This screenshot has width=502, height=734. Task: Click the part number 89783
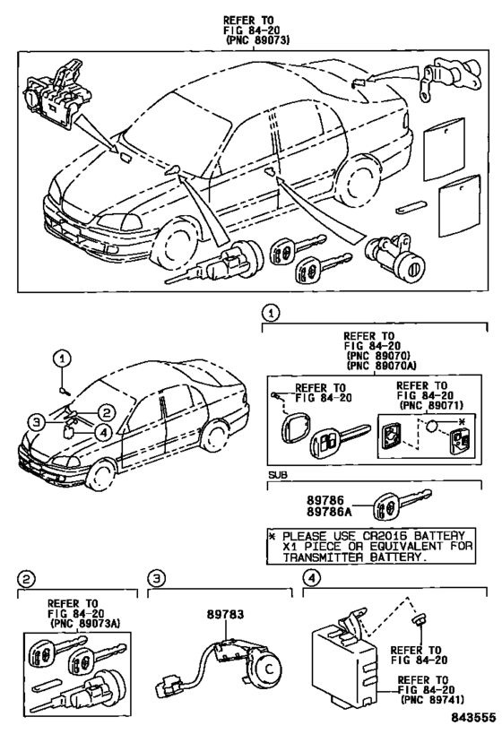click(x=226, y=614)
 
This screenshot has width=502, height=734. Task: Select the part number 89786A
click(x=329, y=512)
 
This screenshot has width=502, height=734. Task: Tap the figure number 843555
click(x=473, y=718)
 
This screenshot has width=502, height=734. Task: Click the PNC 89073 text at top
click(x=258, y=40)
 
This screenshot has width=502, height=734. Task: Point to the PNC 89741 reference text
click(x=432, y=700)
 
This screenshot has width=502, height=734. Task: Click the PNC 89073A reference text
click(x=85, y=624)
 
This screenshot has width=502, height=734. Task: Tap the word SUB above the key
click(x=278, y=475)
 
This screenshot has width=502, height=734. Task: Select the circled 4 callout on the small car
click(x=104, y=433)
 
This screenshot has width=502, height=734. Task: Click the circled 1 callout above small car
click(x=62, y=359)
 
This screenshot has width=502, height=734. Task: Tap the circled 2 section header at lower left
click(x=26, y=580)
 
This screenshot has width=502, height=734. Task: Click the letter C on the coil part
click(x=269, y=669)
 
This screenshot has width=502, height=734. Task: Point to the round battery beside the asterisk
click(x=431, y=426)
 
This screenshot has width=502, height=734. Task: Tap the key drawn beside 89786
click(x=402, y=505)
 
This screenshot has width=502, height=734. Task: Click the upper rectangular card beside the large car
click(x=444, y=149)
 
